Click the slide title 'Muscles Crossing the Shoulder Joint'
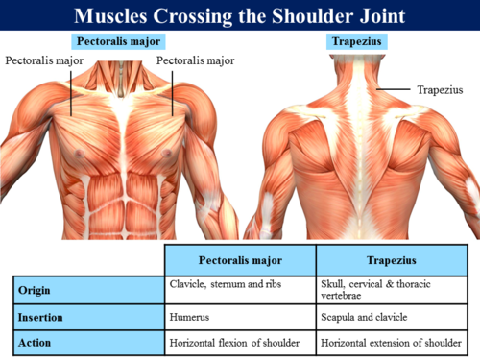[240, 15]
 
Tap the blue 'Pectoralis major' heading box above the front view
[118, 41]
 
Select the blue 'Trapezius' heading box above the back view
[357, 41]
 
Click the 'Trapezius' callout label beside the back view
[440, 90]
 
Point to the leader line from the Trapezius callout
[394, 89]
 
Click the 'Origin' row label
[35, 290]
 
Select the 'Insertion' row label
[40, 317]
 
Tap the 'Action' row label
[35, 343]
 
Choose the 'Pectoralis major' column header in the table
[240, 260]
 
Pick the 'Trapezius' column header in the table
[392, 260]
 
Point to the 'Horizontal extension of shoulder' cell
[391, 343]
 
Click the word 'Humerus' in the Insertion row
[189, 317]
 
